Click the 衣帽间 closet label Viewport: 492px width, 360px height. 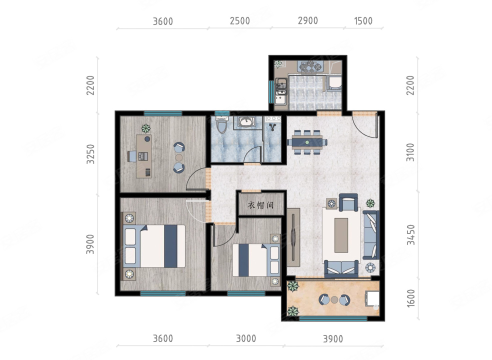(260, 205)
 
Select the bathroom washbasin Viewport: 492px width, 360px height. (246, 121)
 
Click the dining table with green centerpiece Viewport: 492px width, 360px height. (306, 142)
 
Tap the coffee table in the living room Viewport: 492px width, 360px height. (341, 235)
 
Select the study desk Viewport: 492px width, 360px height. (143, 156)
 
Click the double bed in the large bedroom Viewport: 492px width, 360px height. (154, 246)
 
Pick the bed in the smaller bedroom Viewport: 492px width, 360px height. (256, 260)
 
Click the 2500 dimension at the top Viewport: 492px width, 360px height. (239, 21)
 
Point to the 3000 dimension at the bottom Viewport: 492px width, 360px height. (246, 338)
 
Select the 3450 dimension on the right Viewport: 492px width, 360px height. (410, 235)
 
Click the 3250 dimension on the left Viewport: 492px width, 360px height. (90, 154)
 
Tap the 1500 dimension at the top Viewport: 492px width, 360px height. (363, 21)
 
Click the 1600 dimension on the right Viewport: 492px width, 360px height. (410, 298)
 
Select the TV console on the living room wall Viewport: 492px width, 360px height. (293, 237)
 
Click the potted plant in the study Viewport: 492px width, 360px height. (145, 128)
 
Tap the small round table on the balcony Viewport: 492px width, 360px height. (334, 299)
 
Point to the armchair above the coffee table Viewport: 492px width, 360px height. (348, 202)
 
